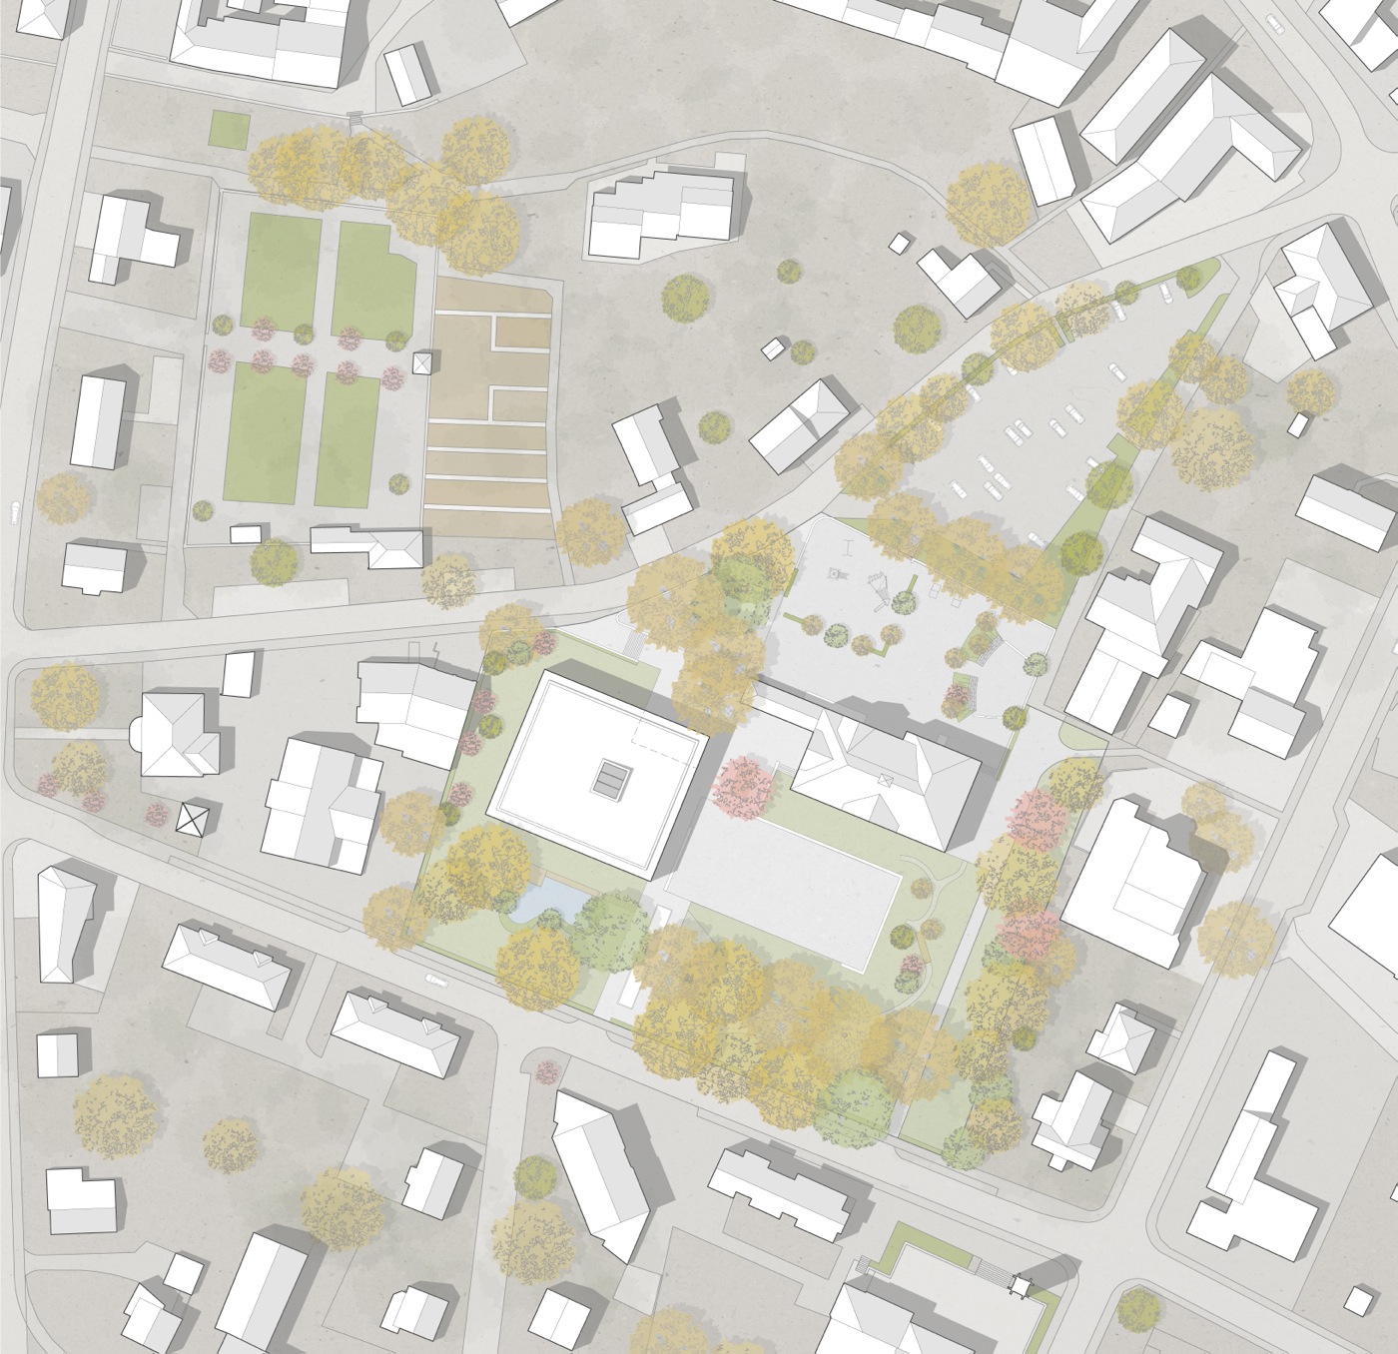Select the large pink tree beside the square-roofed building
point(742,785)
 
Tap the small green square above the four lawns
point(230,130)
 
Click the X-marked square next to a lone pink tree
point(190,820)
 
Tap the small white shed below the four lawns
point(245,534)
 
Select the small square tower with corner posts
point(1022,1285)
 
